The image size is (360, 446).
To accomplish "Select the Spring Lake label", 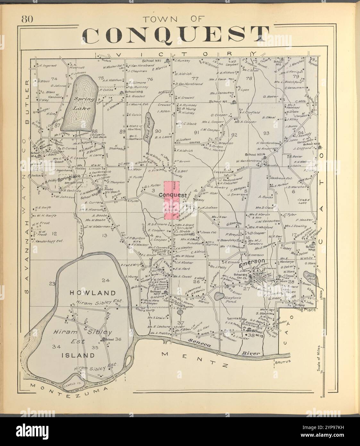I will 79,104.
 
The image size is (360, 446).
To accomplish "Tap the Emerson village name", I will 251,261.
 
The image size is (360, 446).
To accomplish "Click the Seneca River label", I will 224,347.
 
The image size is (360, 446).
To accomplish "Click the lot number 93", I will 266,133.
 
